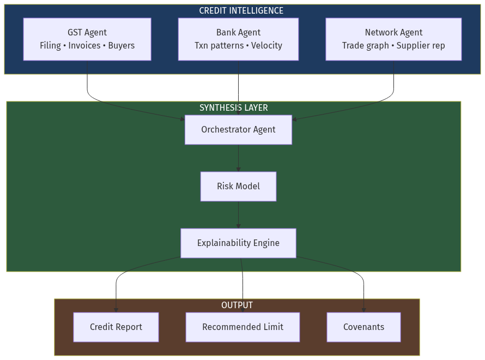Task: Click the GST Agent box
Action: (x=87, y=39)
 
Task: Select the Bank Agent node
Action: (x=238, y=39)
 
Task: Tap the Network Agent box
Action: (x=393, y=39)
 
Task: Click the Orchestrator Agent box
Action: (x=238, y=130)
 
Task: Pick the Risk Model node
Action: (x=238, y=187)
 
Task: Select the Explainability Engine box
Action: (x=238, y=243)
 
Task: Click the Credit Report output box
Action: (x=116, y=327)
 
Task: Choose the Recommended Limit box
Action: (x=242, y=327)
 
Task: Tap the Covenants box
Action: (x=363, y=327)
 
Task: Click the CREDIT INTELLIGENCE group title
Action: (x=241, y=11)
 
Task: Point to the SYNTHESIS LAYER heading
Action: (x=233, y=108)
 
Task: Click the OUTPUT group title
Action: (x=237, y=305)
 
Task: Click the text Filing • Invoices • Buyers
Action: (x=87, y=46)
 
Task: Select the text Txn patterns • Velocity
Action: (x=238, y=46)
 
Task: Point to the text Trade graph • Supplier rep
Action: (x=393, y=46)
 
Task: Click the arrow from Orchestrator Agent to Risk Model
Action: (x=238, y=158)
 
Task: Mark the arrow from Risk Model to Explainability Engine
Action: (x=238, y=215)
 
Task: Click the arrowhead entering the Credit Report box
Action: (x=116, y=310)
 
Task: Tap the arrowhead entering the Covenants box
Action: (x=363, y=310)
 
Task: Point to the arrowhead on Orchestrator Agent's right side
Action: (x=295, y=118)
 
